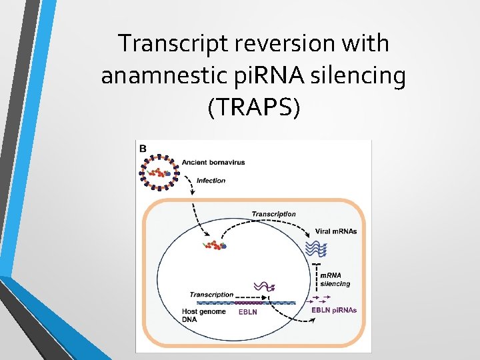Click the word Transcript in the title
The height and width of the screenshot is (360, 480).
pyautogui.click(x=172, y=44)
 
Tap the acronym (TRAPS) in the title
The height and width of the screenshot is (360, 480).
pyautogui.click(x=254, y=107)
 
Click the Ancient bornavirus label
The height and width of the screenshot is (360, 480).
pyautogui.click(x=213, y=162)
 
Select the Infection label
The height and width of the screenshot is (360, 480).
pyautogui.click(x=211, y=180)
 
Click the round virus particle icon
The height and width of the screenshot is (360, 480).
pyautogui.click(x=161, y=173)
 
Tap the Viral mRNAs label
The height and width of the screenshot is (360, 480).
pyautogui.click(x=335, y=232)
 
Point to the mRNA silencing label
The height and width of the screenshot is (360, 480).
pyautogui.click(x=335, y=279)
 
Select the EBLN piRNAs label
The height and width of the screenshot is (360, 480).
pyautogui.click(x=334, y=310)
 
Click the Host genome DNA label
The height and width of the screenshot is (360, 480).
pyautogui.click(x=203, y=315)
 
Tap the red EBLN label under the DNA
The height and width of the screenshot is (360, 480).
pyautogui.click(x=247, y=311)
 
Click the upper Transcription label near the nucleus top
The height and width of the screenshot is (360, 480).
pyautogui.click(x=273, y=214)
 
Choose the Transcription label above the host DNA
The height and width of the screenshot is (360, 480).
pyautogui.click(x=211, y=294)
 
